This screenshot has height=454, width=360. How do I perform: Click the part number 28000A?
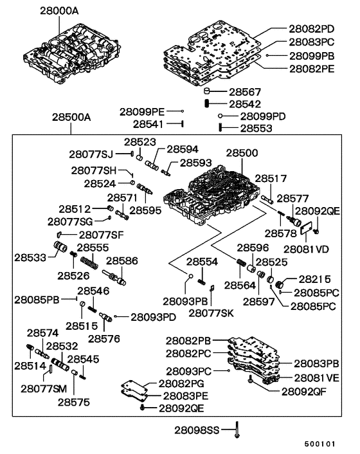coord(60,11)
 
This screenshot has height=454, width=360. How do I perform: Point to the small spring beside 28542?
coord(208,104)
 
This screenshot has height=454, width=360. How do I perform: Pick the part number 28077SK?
coord(210,313)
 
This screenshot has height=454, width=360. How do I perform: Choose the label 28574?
coord(42,333)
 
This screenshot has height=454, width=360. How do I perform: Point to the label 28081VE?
coord(317,377)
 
